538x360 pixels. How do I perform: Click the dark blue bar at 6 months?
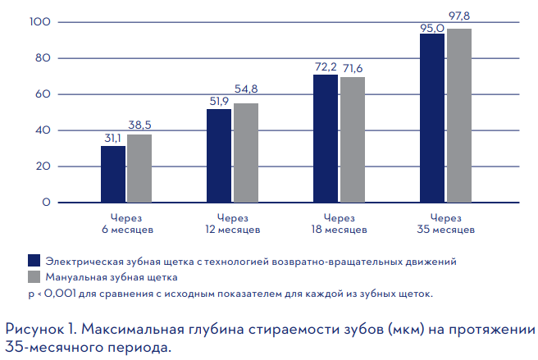point(113,174)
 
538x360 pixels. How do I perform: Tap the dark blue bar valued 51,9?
point(219,156)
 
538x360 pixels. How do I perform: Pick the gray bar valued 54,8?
point(245,153)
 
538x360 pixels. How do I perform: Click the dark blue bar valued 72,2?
point(326,138)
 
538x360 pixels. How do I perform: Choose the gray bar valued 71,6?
point(353,139)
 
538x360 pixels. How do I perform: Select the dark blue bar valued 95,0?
point(432,118)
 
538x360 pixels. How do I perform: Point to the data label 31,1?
point(113,138)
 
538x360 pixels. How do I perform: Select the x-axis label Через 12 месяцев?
point(232,224)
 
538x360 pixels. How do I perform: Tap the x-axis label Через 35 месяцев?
point(446,224)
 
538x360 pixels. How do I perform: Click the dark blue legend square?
point(34,261)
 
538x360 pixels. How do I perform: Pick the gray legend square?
point(34,276)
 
